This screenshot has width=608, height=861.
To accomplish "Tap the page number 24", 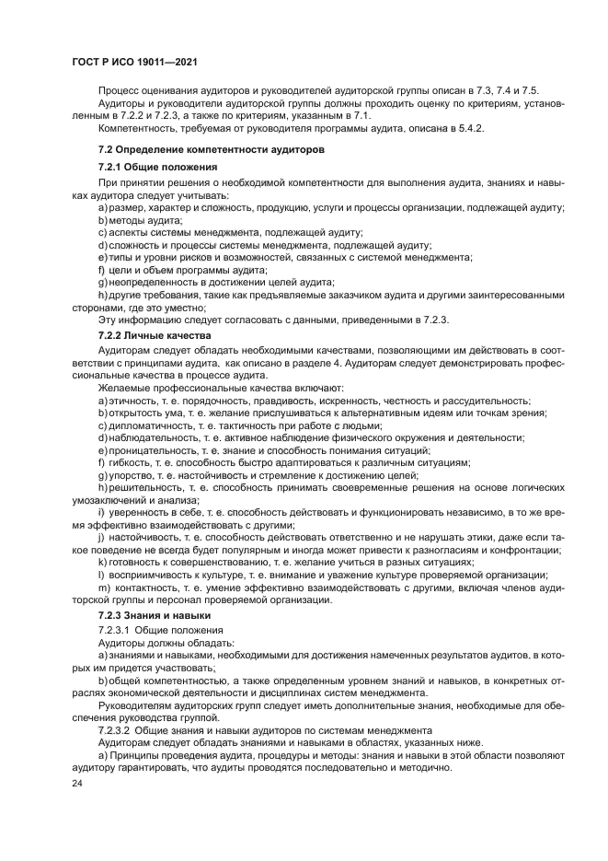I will (77, 781).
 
